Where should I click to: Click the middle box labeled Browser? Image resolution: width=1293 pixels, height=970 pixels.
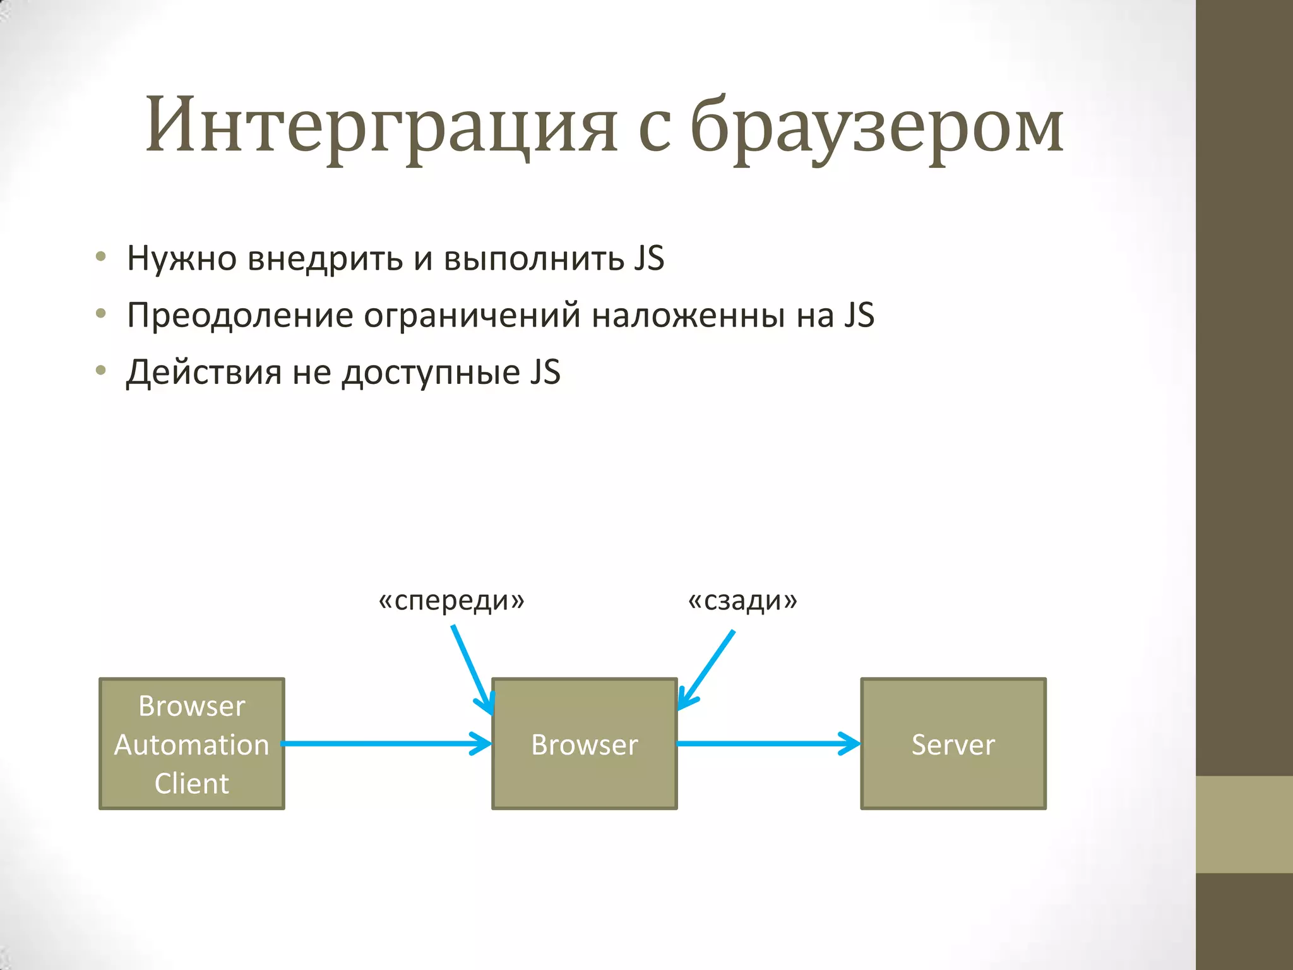pyautogui.click(x=584, y=744)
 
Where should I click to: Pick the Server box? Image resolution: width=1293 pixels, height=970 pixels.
pyautogui.click(x=953, y=744)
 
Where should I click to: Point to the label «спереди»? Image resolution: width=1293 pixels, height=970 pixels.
pyautogui.click(x=451, y=601)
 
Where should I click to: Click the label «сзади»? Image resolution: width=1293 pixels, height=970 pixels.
pyautogui.click(x=742, y=601)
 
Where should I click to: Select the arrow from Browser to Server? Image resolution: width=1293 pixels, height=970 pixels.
pyautogui.click(x=767, y=743)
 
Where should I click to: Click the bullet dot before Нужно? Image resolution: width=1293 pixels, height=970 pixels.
pyautogui.click(x=101, y=256)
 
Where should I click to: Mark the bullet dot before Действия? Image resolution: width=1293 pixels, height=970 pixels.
pyautogui.click(x=101, y=371)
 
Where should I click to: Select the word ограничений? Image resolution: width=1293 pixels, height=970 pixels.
pyautogui.click(x=472, y=315)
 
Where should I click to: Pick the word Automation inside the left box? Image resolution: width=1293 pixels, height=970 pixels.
pyautogui.click(x=192, y=745)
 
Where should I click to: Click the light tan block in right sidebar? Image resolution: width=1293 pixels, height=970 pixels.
pyautogui.click(x=1244, y=824)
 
